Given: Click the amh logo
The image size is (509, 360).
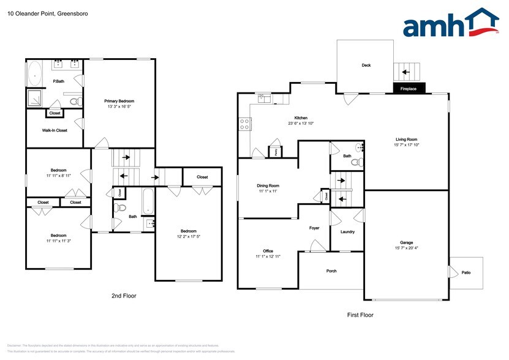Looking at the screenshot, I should pos(450,24).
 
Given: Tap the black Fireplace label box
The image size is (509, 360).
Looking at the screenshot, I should pos(409,89).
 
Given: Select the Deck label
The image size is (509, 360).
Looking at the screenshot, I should pos(366,66).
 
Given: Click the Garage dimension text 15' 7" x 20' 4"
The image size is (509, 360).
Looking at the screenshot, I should pos(406,248).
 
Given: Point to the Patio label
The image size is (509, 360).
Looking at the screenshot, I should pos(466,272).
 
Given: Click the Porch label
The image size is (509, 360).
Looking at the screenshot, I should pos(331,271).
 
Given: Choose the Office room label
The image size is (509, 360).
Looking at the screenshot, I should pos(268,251).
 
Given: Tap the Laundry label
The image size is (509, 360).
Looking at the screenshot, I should pos(347,232).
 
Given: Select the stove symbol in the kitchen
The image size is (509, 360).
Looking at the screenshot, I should pos(244,124).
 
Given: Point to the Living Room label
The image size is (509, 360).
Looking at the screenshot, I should pos(406,139).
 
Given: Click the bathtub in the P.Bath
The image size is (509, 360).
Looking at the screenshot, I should pos(34,74).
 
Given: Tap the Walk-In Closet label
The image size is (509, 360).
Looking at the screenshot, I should pos(55,130).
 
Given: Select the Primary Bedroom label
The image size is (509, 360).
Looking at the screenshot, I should pos(119,101).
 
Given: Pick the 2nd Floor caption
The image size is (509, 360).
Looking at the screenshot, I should pos(124,296).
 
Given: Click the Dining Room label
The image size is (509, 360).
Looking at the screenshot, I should pos(268,186).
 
